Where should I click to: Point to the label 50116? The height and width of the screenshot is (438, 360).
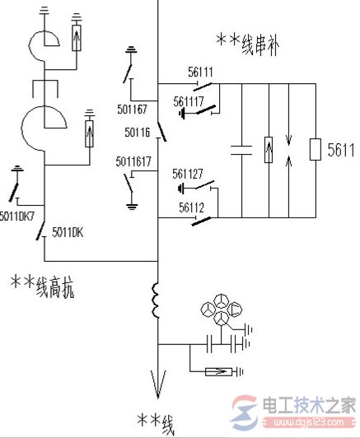click(138, 131)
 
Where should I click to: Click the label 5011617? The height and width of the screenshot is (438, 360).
click(133, 161)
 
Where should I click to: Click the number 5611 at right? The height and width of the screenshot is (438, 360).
click(340, 150)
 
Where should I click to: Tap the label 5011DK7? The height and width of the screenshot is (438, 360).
click(17, 217)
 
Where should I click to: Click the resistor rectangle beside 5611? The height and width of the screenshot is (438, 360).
click(315, 150)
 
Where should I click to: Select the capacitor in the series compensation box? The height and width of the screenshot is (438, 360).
click(242, 150)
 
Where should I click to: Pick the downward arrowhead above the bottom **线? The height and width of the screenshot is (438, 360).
click(156, 382)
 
